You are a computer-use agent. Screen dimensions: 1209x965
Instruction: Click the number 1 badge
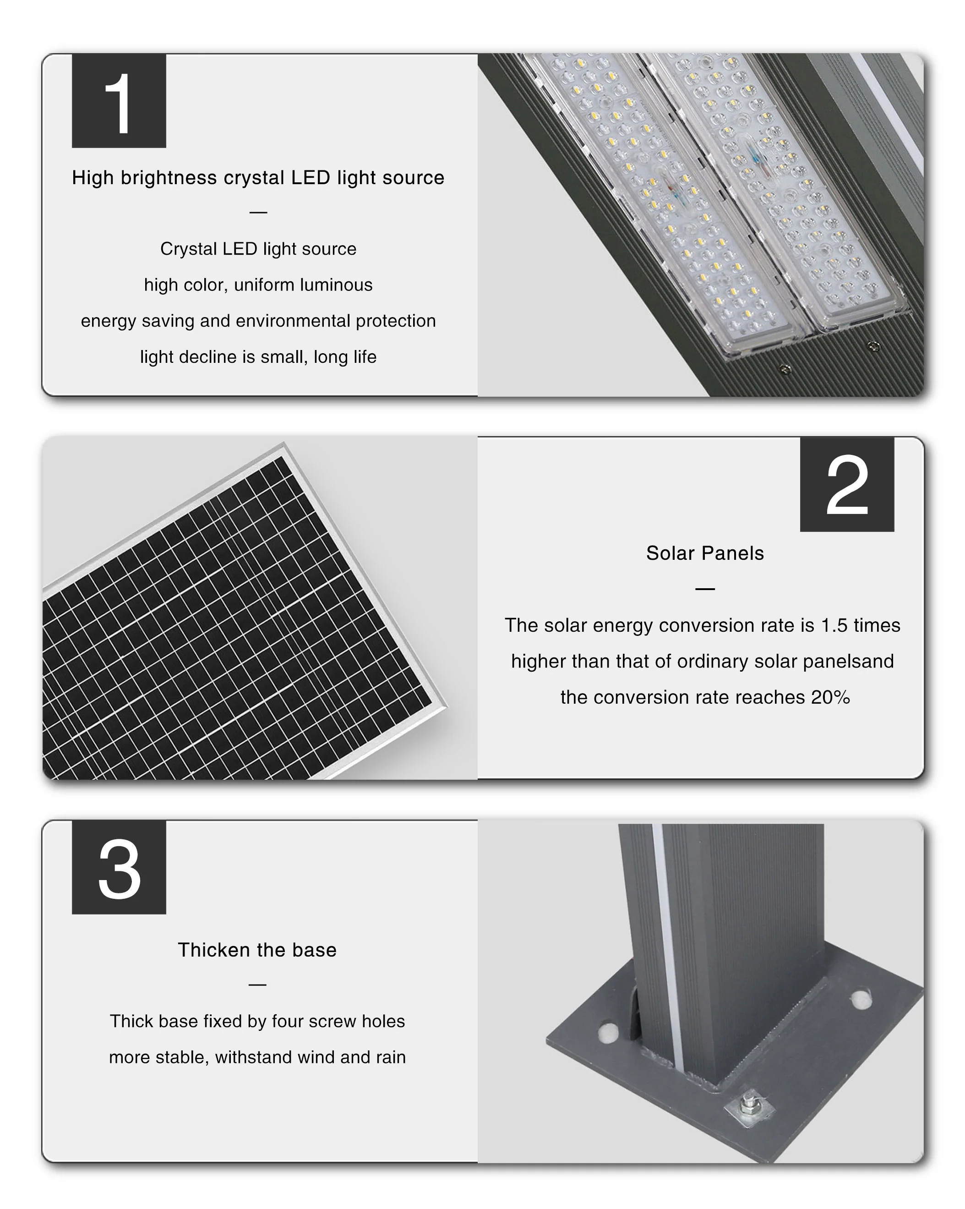click(119, 101)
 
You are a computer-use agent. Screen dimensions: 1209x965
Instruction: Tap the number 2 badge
click(847, 484)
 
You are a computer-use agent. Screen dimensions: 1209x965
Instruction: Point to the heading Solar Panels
click(705, 553)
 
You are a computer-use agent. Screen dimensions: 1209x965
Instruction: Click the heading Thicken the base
click(257, 950)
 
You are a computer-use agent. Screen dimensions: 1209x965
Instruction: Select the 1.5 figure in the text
click(834, 625)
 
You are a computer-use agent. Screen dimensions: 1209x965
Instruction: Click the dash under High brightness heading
click(258, 213)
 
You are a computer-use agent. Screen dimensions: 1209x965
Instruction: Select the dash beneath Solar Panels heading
click(705, 589)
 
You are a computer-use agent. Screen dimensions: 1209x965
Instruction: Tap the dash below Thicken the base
click(257, 985)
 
